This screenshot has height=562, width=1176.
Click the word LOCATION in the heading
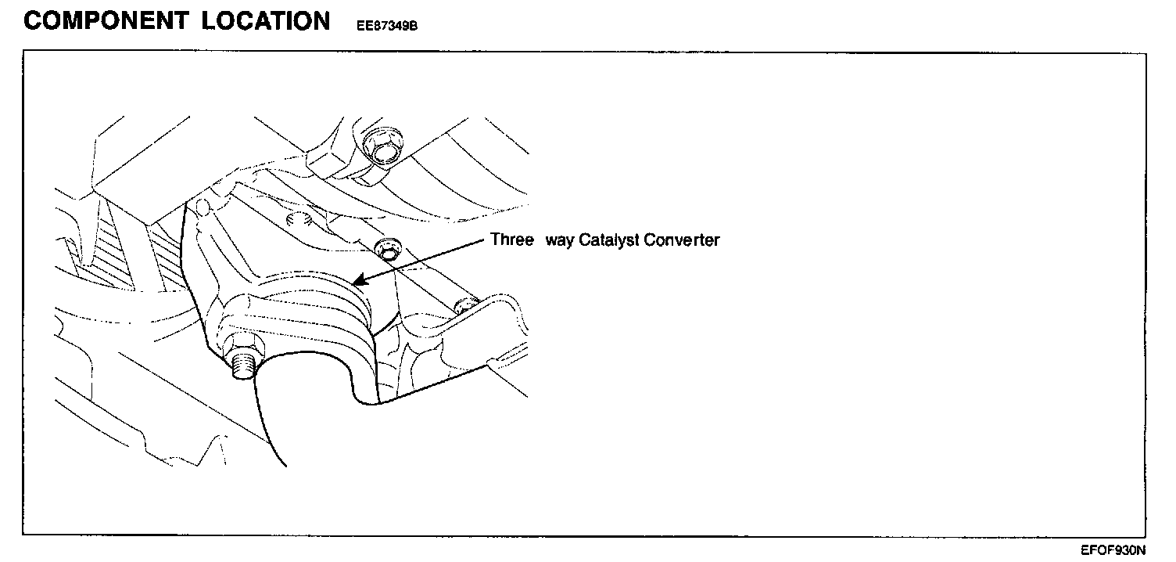(266, 21)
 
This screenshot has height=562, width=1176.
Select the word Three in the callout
(511, 240)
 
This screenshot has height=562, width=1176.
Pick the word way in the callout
(559, 240)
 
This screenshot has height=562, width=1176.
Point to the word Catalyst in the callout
(609, 240)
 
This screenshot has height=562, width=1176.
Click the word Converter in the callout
(681, 240)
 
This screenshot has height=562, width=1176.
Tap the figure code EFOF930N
(1113, 550)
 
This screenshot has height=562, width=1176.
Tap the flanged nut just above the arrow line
(385, 251)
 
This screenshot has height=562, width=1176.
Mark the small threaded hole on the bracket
(297, 218)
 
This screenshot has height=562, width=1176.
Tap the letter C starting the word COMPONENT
(33, 21)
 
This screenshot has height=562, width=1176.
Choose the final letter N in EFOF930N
(1141, 550)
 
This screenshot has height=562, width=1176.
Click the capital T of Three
(495, 240)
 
